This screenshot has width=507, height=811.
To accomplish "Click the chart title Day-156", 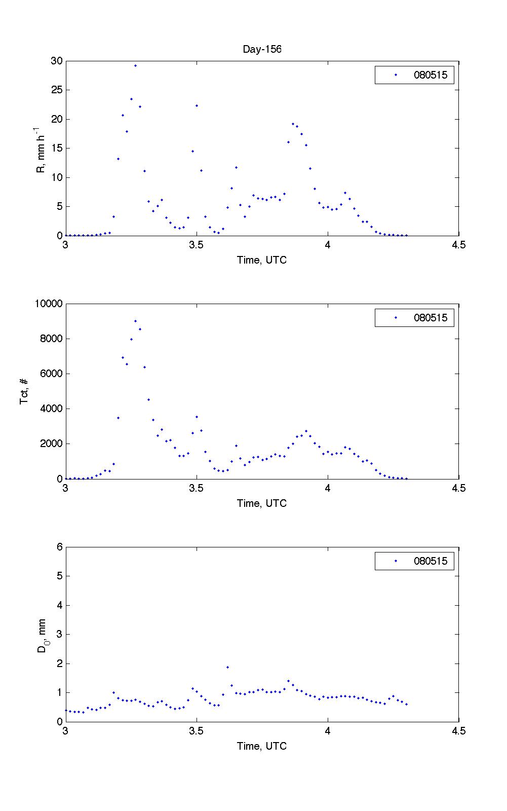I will pos(262,49).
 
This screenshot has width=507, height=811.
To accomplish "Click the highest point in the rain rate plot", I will pos(135,65).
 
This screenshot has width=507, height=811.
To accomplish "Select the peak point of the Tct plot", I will pos(135,321).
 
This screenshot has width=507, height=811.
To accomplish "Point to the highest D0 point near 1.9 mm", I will pos(227,667).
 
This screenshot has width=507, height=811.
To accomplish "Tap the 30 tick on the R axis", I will pos(56,61).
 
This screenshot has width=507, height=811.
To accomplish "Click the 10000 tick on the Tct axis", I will pos(49,304).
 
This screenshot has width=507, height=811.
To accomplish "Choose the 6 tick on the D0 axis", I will pos(59,547).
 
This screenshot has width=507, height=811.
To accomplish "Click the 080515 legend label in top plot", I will pos(431,76).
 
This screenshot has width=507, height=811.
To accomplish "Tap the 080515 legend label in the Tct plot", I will pos(431,318).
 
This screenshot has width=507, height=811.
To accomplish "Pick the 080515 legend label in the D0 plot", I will pos(431,561).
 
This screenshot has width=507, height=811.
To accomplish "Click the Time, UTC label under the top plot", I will pos(262,260).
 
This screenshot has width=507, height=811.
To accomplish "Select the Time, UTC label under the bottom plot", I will pos(262,746).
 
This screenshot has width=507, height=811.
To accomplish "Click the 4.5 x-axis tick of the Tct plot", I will pos(458,488).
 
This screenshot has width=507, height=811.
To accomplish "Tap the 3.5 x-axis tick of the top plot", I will pos(197,245).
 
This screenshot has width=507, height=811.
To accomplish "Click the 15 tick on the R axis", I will pos(56,149).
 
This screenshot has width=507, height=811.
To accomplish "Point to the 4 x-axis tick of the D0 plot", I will pos(328,731).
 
